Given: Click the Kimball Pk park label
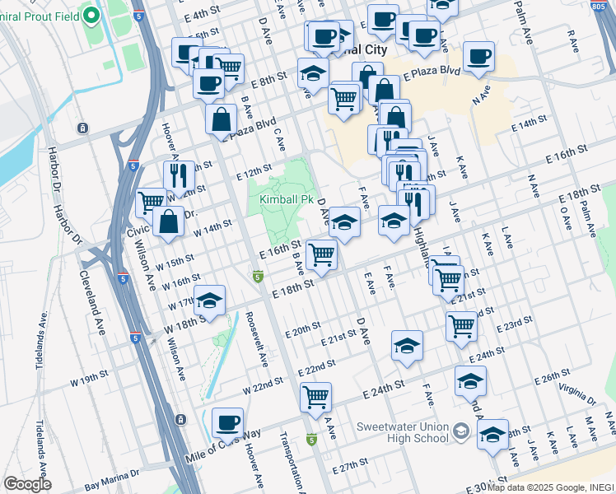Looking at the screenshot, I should click(287, 200).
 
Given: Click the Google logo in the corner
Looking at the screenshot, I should click(27, 484).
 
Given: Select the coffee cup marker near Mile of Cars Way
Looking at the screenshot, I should click(227, 423).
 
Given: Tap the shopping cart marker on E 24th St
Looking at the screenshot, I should click(315, 398).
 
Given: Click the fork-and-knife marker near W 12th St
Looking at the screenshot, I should click(179, 175).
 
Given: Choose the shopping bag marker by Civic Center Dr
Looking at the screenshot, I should click(168, 221).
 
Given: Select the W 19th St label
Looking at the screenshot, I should click(89, 377).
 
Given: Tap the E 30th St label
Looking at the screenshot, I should click(478, 486).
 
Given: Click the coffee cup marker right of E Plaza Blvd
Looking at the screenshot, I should click(478, 57).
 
